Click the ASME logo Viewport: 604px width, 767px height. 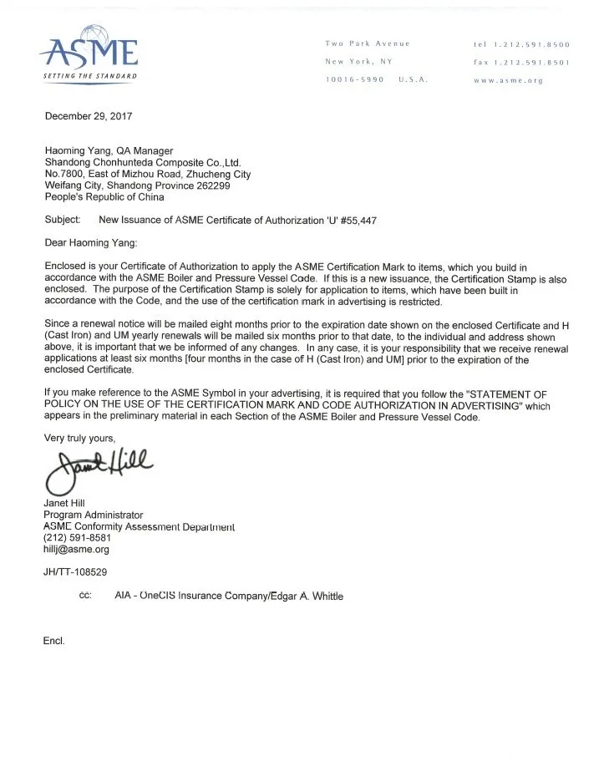[x=89, y=51]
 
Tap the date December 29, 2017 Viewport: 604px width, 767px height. [x=89, y=117]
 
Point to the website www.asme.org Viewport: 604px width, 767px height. [x=508, y=81]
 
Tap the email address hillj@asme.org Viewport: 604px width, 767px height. [x=76, y=550]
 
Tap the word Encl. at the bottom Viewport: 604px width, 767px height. [x=53, y=641]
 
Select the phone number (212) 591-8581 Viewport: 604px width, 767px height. [x=77, y=538]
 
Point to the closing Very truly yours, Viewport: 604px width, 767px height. [x=79, y=438]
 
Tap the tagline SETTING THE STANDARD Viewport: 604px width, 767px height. [x=89, y=77]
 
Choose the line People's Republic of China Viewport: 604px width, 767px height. [x=104, y=197]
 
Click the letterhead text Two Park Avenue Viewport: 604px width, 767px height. [x=367, y=43]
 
